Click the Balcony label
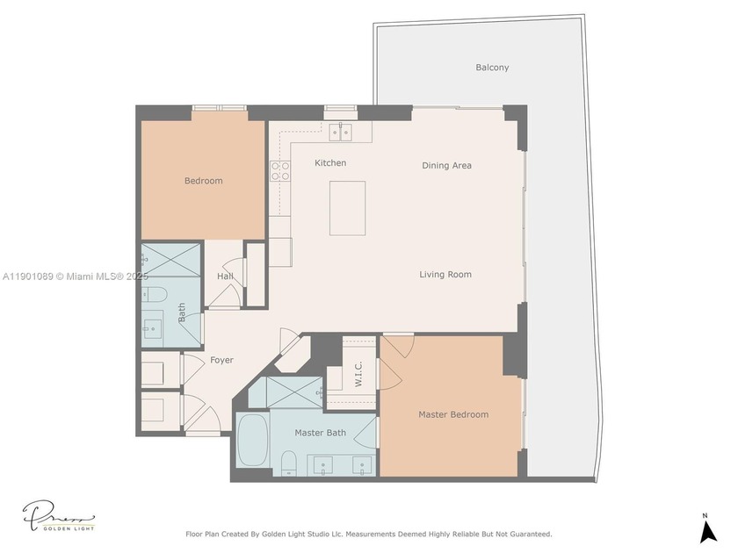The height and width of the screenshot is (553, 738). pos(492,68)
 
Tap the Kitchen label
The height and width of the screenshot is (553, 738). pos(330,163)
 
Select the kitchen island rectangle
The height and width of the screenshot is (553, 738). pos(347,208)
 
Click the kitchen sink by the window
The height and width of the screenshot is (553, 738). pos(341,133)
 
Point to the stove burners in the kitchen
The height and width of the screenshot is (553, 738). pos(280,170)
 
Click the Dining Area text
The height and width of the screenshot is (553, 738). pos(446,165)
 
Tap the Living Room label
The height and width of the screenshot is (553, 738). pos(445,275)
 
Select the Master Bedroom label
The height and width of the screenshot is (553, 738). pos(452,414)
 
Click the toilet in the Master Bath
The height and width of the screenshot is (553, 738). pos(287,463)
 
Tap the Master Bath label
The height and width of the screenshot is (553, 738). pos(320,433)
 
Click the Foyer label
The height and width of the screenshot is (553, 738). pos(221,360)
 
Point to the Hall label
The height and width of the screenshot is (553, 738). pos(225,276)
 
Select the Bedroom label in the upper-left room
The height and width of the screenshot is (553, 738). pos(203,181)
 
